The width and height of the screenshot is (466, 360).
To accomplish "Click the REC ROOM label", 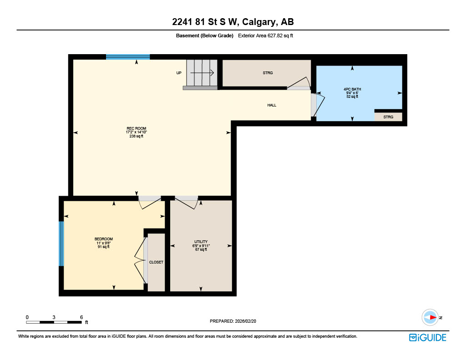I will tap(136, 128).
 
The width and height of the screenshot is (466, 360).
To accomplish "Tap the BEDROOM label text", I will tap(103, 239).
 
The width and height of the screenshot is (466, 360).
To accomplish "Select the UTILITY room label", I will tap(201, 242).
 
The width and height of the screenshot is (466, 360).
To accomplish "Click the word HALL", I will tap(272, 105).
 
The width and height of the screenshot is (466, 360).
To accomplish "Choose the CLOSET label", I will tap(156, 262).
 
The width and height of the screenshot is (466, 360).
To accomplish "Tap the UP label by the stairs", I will tap(179, 73).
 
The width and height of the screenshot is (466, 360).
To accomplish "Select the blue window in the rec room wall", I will tap(128, 57).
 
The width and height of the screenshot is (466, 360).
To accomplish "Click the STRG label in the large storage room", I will tap(268, 73).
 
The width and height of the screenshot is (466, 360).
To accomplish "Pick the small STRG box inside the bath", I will tap(388, 117).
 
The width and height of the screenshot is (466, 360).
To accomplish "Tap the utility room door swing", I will tap(187, 202).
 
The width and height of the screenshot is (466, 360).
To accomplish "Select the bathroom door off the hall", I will tap(319, 104).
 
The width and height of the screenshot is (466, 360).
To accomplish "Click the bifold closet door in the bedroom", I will tap(140, 262).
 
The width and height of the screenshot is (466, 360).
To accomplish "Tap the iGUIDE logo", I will tap(427, 337).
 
